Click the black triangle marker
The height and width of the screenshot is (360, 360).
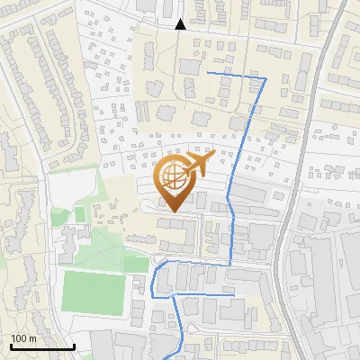181,24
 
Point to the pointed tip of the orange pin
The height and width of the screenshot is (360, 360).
172,212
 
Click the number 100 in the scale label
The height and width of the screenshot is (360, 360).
20,338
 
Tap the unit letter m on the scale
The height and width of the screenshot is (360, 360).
32,338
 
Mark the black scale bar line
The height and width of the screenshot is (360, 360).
42,346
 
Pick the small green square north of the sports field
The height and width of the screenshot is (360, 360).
80,214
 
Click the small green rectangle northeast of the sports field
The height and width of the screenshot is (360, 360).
135,264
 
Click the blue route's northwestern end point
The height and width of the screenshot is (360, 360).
208,72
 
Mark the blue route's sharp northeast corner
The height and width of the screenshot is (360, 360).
265,80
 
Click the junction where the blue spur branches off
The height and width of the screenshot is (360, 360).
170,295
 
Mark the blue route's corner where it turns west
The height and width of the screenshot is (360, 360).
230,265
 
